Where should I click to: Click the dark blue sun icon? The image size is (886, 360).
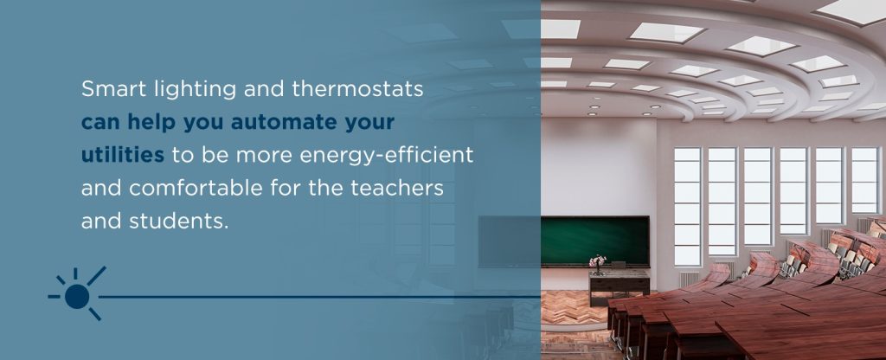(77, 295)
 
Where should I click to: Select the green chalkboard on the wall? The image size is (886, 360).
(594, 241)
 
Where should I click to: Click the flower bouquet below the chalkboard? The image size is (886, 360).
(597, 262)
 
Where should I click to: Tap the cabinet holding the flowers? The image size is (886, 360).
(619, 286)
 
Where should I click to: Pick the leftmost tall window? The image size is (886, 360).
(687, 204)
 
